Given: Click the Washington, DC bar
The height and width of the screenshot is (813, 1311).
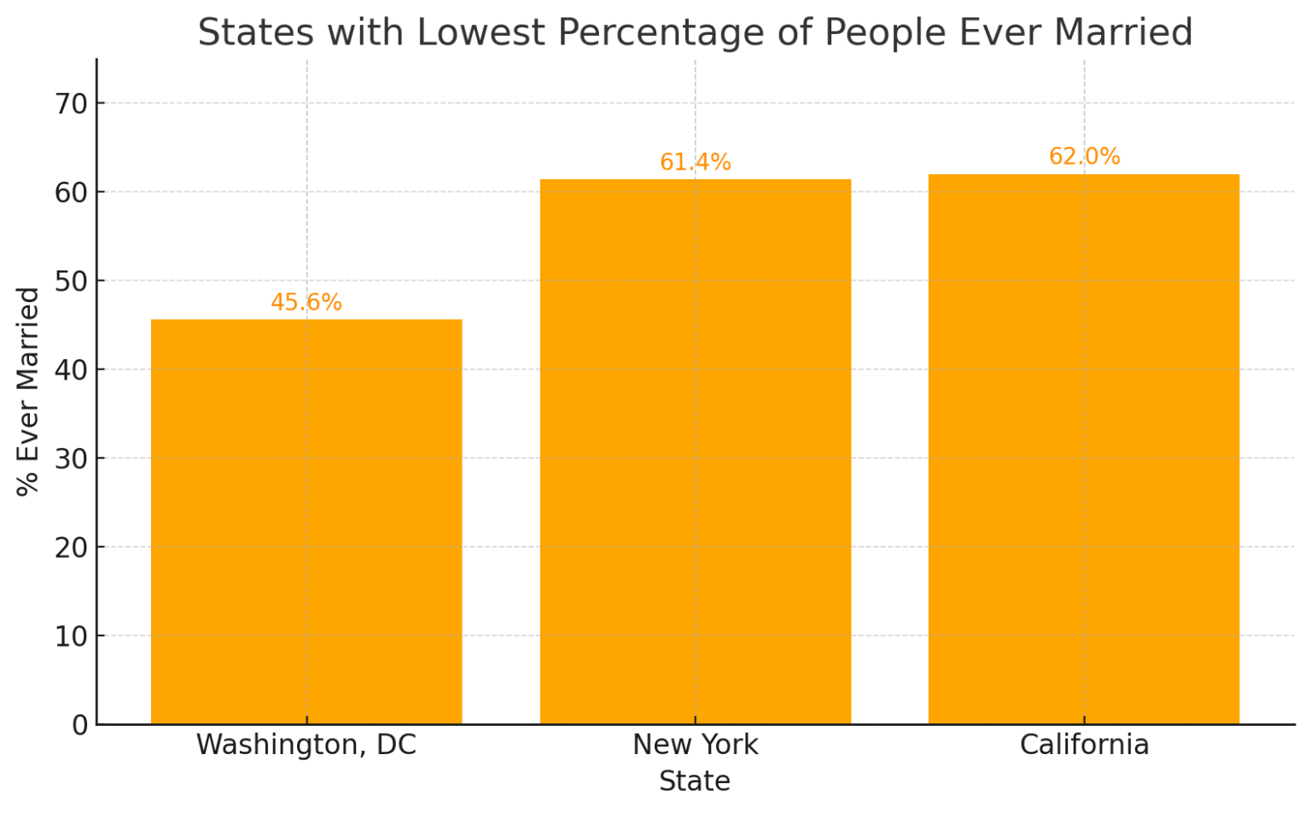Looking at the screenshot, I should [x=306, y=521].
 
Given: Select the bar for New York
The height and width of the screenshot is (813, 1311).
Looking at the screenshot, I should [x=695, y=451].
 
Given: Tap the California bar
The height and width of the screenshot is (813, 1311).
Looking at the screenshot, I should [x=1084, y=449].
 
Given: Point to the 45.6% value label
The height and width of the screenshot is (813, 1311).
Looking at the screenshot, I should [x=306, y=303].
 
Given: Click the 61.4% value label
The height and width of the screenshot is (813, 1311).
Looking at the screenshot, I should [x=695, y=162].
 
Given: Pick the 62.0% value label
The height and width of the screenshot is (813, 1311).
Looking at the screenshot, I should [x=1084, y=157].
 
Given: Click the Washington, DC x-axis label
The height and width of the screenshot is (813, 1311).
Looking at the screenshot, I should [x=306, y=745].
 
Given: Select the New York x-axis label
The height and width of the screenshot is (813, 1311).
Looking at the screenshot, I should [x=695, y=745].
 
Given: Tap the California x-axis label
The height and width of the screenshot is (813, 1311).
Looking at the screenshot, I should [x=1084, y=745].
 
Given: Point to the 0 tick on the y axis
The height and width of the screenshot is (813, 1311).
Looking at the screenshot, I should [x=79, y=725].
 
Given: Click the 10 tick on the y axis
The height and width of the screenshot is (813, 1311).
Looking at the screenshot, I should [x=72, y=636].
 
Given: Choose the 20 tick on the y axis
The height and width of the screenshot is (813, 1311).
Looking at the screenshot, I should [x=72, y=548].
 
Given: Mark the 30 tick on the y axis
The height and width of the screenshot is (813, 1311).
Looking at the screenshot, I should [x=72, y=459].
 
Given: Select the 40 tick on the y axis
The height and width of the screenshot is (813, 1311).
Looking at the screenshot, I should [x=72, y=370].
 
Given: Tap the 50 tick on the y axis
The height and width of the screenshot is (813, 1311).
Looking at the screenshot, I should [x=72, y=282].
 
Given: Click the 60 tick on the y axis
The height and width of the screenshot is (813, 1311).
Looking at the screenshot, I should [x=72, y=193].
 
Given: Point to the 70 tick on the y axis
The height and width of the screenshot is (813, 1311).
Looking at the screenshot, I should [x=72, y=104].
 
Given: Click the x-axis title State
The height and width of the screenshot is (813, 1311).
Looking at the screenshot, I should [x=695, y=781].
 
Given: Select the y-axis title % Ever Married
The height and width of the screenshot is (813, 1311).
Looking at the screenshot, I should [x=28, y=392].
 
